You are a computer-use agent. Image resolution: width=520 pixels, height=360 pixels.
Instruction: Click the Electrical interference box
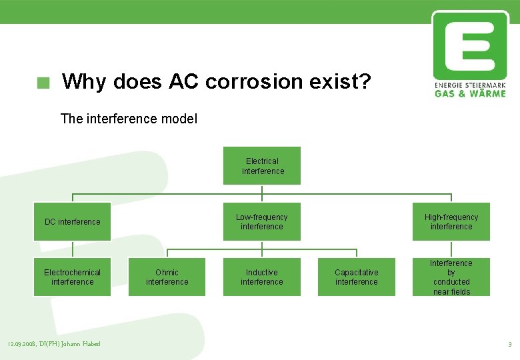[x=261, y=166]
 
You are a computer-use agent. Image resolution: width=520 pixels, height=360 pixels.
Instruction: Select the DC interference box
[x=72, y=222]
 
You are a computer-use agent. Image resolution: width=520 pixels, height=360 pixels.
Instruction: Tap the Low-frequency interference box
[x=261, y=222]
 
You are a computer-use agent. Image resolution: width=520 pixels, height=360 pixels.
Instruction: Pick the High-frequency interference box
[x=451, y=222]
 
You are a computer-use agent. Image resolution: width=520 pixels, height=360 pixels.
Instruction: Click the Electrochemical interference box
[x=72, y=277]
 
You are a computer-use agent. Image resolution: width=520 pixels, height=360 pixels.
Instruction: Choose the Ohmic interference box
[x=167, y=277]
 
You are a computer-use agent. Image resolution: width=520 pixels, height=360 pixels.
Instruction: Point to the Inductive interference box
[x=261, y=277]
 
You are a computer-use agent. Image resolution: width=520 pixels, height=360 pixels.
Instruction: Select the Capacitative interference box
[x=356, y=277]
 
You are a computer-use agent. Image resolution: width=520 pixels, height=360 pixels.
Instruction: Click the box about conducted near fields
[x=451, y=277]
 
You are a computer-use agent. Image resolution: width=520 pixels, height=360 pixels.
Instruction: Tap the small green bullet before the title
[x=43, y=83]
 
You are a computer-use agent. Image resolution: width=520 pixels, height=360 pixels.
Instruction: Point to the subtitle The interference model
[x=129, y=119]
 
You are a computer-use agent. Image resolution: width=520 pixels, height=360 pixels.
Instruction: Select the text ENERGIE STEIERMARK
[x=470, y=86]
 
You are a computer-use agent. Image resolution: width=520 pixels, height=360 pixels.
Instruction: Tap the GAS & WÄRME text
[x=470, y=94]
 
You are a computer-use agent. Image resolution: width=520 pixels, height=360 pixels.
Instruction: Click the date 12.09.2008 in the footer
[x=22, y=344]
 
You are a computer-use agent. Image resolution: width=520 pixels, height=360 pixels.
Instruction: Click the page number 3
[x=509, y=345]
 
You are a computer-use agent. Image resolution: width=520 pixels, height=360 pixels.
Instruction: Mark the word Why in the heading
[x=85, y=83]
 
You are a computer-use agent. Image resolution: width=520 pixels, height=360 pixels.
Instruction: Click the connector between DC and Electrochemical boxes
[x=72, y=249]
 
